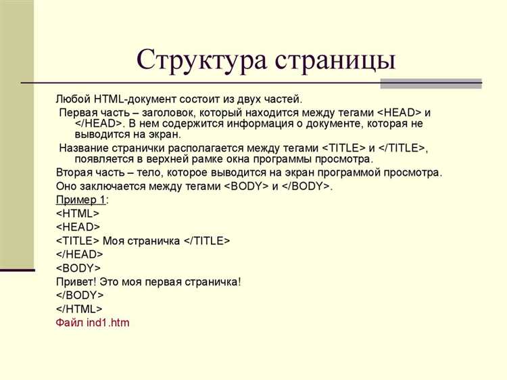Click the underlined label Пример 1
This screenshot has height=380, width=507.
coord(80,200)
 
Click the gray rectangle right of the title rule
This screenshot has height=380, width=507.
coord(431,84)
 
